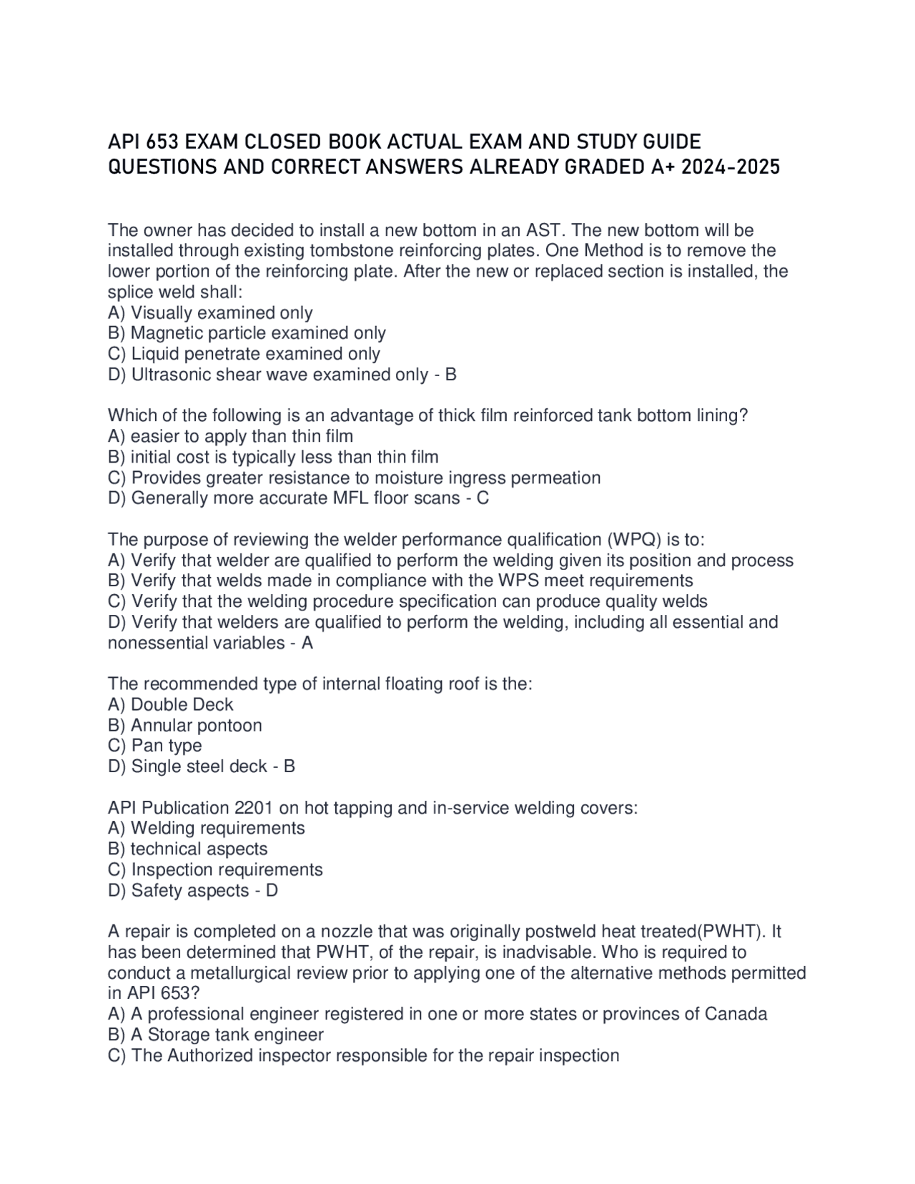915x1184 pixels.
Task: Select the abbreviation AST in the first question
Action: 544,230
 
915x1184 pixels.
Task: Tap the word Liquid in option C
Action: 155,354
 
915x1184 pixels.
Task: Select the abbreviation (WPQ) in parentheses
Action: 634,540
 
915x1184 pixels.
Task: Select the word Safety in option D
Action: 157,891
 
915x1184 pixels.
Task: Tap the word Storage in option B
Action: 181,1035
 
